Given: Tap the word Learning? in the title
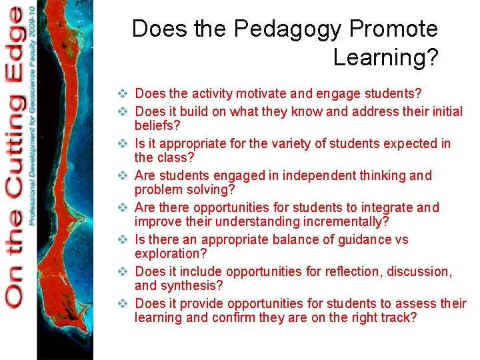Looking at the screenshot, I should [x=385, y=57].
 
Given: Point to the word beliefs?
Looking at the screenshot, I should [x=157, y=125].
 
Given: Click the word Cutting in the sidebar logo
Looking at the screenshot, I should [x=15, y=143].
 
